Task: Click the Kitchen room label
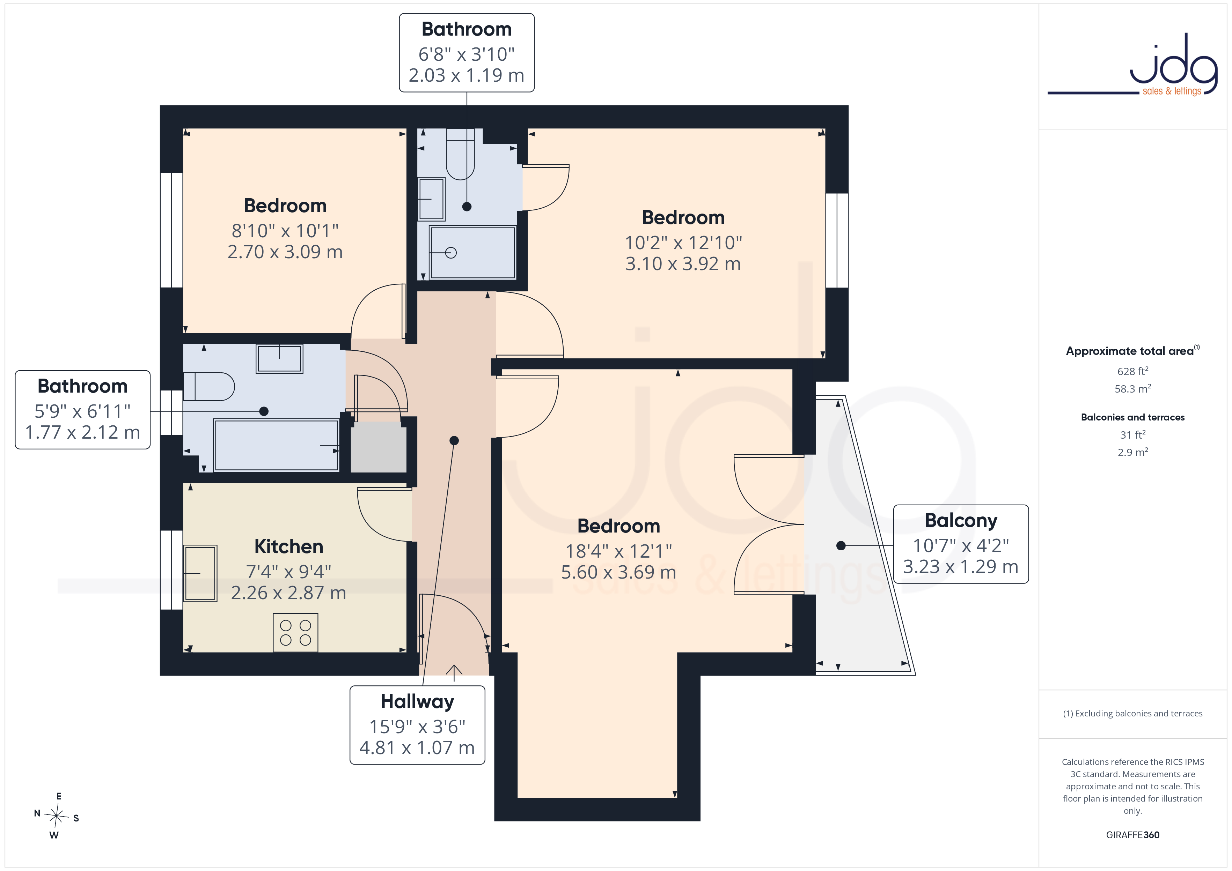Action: (289, 546)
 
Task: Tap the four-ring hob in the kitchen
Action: (295, 633)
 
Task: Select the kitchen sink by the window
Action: (200, 573)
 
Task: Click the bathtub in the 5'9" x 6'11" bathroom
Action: (276, 445)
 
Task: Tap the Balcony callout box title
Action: (961, 520)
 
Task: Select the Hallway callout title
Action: (417, 701)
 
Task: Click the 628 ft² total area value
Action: (1133, 371)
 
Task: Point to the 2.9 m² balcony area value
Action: (1133, 452)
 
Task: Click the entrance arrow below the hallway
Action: (454, 672)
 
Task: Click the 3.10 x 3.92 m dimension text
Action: (683, 264)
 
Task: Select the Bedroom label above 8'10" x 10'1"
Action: (285, 206)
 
